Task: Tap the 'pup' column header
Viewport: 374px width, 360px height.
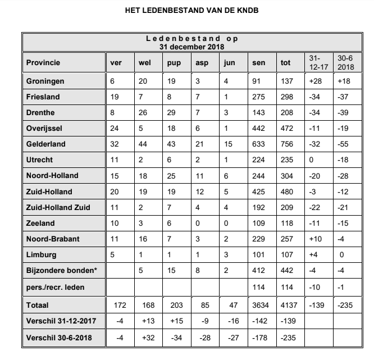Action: (174, 62)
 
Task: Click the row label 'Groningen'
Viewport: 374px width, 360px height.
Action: (45, 81)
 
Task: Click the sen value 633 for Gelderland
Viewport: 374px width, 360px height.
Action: (259, 144)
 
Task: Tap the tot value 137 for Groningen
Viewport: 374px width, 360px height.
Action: (286, 81)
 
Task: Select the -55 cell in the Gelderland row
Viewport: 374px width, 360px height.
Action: (342, 144)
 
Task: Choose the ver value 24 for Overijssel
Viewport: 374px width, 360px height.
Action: (115, 128)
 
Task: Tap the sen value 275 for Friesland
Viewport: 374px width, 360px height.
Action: (259, 97)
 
